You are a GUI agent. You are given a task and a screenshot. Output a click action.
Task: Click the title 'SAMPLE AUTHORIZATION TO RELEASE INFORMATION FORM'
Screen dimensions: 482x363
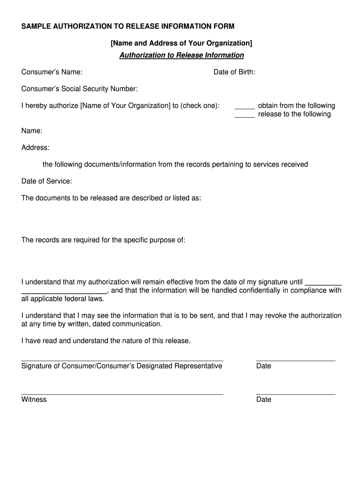click(x=128, y=26)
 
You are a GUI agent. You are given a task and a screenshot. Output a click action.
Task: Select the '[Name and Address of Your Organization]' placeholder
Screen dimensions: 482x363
click(x=181, y=43)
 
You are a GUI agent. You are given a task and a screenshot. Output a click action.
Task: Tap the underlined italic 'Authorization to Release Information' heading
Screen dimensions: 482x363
click(x=181, y=56)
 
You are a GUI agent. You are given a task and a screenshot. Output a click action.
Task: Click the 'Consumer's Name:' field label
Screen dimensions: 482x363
click(x=52, y=72)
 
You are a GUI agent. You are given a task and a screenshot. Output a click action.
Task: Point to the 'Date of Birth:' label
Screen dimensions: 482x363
click(x=234, y=72)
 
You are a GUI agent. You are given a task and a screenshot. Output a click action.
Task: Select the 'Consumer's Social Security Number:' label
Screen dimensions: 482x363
click(x=80, y=89)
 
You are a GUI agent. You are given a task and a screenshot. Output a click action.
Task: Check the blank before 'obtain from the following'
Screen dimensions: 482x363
click(x=245, y=106)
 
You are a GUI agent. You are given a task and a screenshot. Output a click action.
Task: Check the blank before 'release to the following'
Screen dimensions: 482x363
click(x=245, y=115)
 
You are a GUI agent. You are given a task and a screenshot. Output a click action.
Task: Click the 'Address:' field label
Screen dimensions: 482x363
click(x=35, y=148)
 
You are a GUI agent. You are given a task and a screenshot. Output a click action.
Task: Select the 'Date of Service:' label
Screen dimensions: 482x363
click(x=47, y=181)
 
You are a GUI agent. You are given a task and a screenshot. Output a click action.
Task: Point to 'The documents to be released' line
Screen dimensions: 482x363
click(x=111, y=198)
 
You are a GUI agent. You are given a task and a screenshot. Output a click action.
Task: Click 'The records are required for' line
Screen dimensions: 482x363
click(x=103, y=240)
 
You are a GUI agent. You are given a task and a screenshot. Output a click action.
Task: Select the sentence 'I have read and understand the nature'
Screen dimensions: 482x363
click(x=106, y=341)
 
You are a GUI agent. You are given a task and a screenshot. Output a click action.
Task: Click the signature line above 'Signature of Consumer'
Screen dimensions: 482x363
click(x=122, y=360)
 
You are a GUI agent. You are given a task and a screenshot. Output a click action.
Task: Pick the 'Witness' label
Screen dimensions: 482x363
click(x=34, y=400)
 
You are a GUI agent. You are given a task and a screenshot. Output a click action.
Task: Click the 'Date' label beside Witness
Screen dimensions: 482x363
click(x=264, y=400)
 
